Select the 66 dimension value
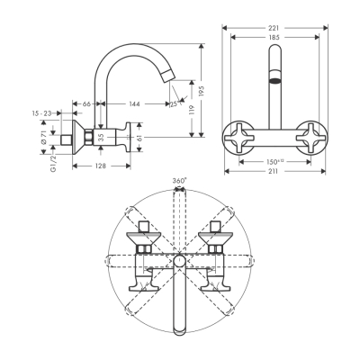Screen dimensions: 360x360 pyautogui.click(x=86, y=105)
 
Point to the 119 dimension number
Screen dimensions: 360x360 pyautogui.click(x=190, y=113)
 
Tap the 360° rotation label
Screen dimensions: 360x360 pyautogui.click(x=179, y=181)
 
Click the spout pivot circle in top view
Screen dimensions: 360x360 pyautogui.click(x=179, y=262)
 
